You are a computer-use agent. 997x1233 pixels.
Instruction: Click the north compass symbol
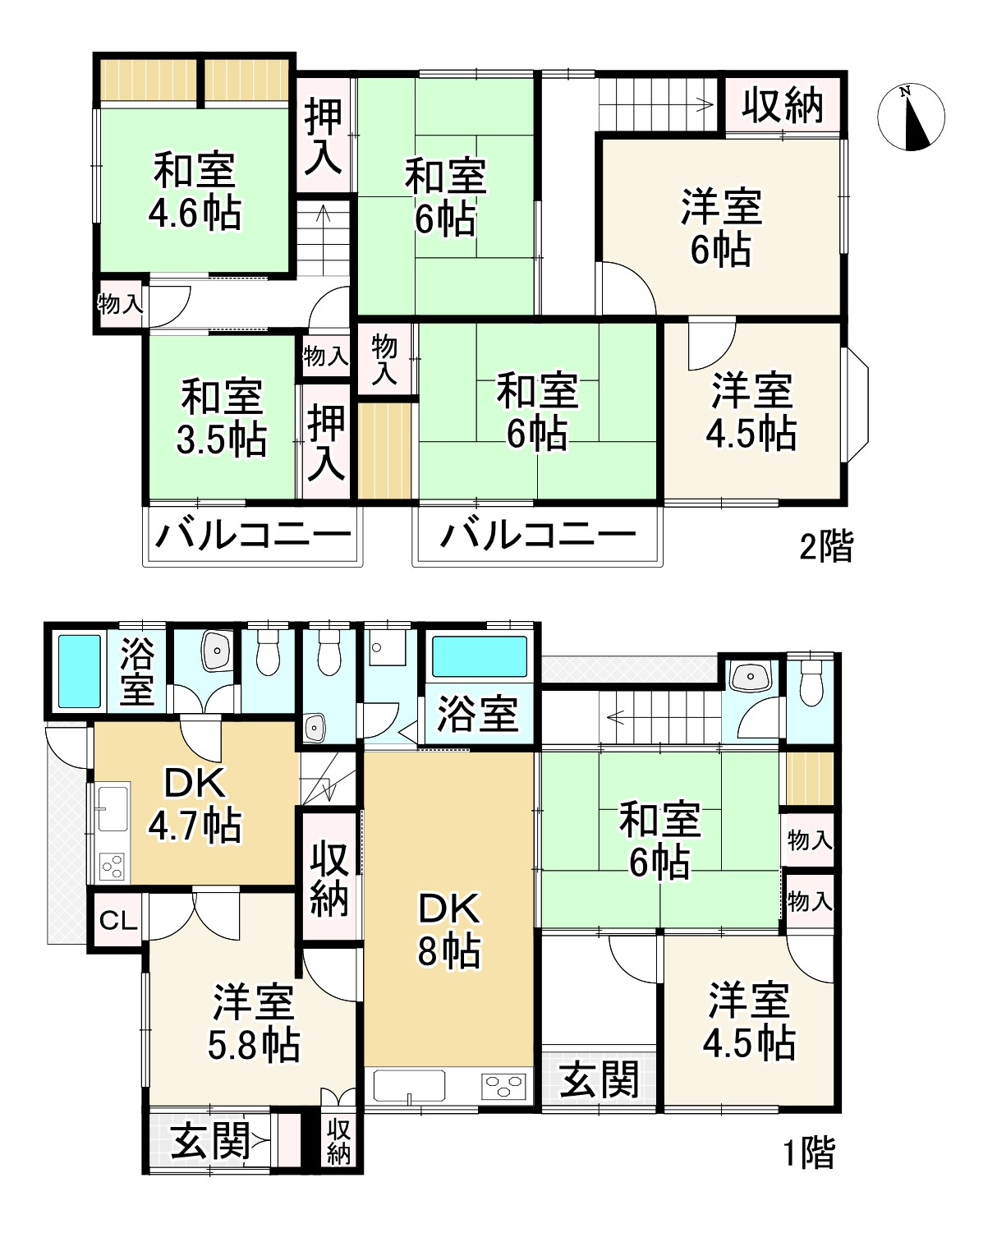coord(911,117)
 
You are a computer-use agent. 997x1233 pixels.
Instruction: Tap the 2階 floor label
coord(826,546)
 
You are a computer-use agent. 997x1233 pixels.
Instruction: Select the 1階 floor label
coord(808,1153)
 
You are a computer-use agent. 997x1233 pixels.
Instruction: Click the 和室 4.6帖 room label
coord(195,192)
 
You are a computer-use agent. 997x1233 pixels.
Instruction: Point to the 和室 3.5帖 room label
coord(221,417)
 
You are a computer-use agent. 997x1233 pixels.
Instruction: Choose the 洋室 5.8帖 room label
coord(254,1024)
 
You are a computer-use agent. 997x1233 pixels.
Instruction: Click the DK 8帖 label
coord(448,929)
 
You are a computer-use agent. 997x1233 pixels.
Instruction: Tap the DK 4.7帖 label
coord(195,804)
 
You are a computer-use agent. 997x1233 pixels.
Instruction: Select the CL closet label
coord(118,921)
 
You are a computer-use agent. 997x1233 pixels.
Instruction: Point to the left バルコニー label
coord(253,536)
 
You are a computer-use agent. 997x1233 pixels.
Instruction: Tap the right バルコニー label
coord(538,536)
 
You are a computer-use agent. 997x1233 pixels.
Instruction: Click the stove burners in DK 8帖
coord(503,1087)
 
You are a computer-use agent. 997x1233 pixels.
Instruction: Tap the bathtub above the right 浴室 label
coord(480,656)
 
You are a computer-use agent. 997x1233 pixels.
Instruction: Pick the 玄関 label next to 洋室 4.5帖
coord(600,1079)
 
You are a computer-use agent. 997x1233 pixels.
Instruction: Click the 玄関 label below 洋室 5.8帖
coord(211,1141)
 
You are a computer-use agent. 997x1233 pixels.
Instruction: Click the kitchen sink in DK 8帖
coord(409,1085)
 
